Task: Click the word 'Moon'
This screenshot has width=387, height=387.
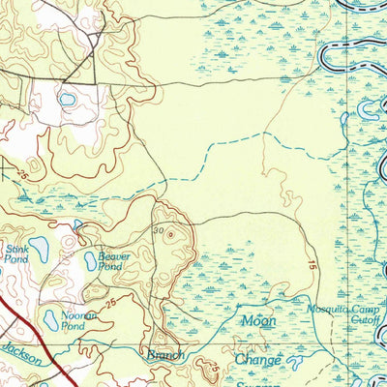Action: click(x=259, y=320)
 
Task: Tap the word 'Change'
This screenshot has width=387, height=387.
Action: click(x=258, y=360)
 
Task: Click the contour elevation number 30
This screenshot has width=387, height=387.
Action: click(x=158, y=230)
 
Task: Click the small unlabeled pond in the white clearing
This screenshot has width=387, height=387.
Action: click(x=67, y=100)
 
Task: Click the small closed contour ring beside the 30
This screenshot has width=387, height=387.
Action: click(x=171, y=232)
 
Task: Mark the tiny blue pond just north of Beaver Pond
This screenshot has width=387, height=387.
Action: click(x=78, y=225)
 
